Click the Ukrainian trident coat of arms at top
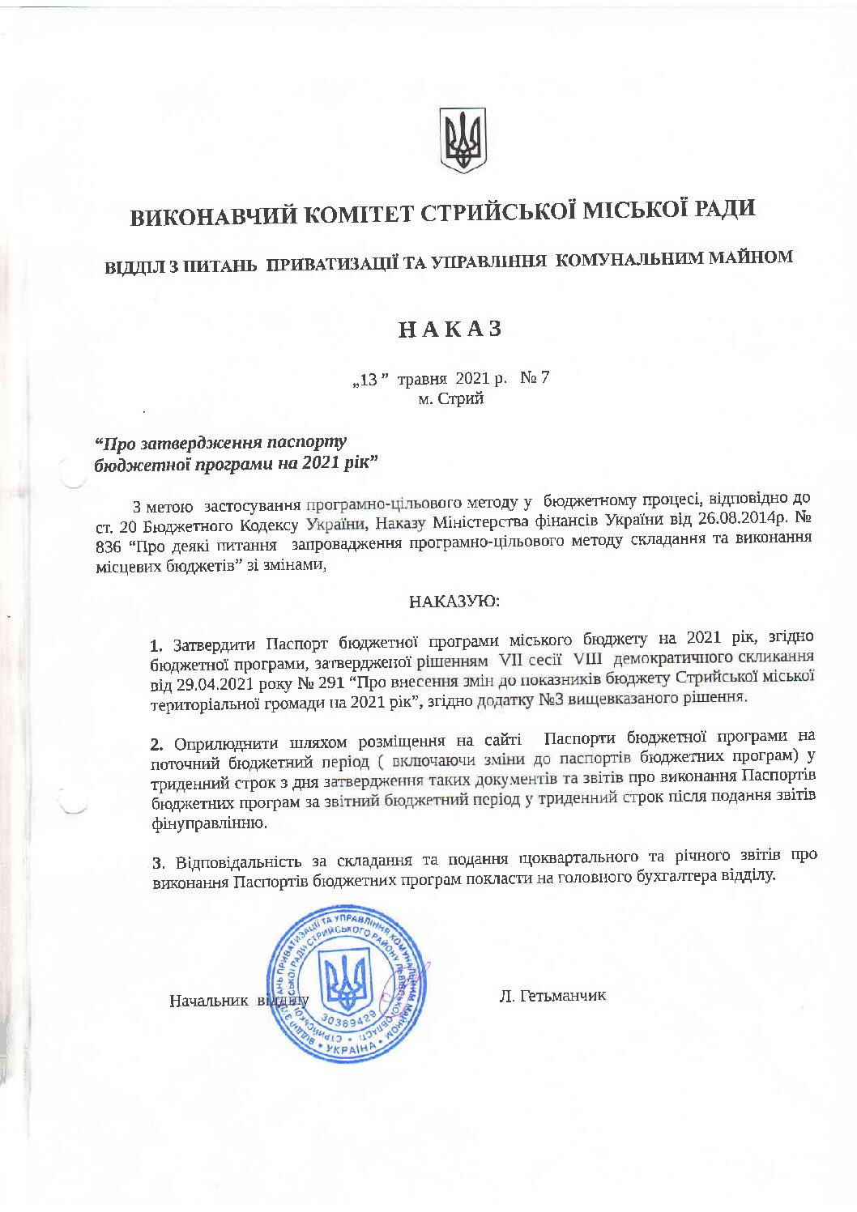pos(463,140)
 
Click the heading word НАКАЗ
pos(450,329)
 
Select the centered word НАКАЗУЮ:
pos(454,602)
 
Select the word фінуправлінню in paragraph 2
pos(208,824)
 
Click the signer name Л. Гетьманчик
pos(552,995)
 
